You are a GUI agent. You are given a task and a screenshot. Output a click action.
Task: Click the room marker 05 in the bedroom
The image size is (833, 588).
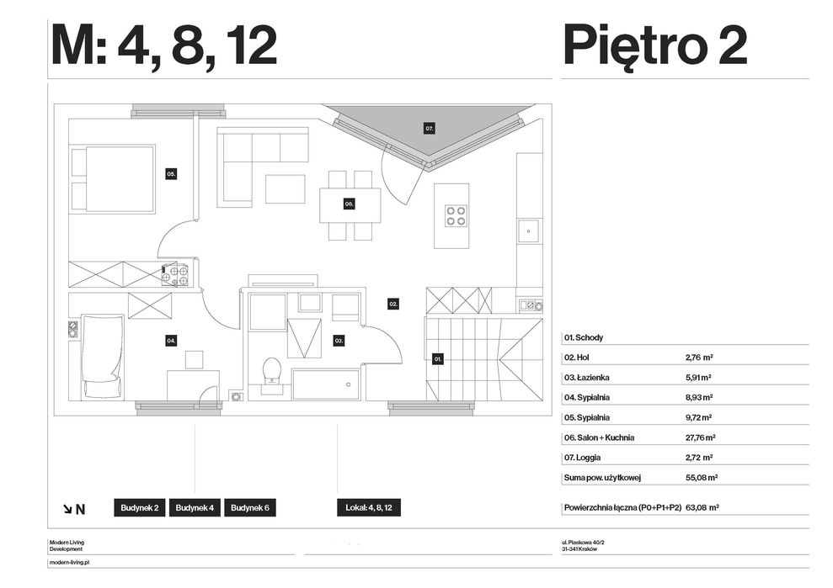click(170, 173)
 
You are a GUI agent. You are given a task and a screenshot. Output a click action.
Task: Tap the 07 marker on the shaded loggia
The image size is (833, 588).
click(430, 128)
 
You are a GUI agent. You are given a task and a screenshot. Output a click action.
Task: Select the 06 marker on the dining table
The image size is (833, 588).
click(349, 204)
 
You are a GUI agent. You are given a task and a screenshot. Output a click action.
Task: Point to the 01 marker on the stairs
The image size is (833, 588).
click(438, 359)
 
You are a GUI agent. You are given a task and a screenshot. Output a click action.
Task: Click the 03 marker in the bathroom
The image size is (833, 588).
click(339, 341)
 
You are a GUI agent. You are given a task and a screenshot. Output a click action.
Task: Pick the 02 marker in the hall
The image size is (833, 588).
click(393, 304)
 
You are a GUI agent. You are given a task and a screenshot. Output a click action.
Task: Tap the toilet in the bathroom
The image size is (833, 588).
click(272, 375)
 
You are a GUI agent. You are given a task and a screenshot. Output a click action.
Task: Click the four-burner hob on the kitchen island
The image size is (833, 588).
click(456, 215)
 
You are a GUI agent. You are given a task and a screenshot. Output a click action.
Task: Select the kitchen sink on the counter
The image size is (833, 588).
click(529, 230)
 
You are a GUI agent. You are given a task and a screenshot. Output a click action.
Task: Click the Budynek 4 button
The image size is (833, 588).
click(195, 508)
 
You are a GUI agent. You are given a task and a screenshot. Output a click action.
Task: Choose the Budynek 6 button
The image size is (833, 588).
click(249, 508)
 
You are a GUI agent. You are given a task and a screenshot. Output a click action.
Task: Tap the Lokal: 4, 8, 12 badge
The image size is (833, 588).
click(369, 508)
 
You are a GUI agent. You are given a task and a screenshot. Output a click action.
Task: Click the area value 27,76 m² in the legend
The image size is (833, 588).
click(701, 437)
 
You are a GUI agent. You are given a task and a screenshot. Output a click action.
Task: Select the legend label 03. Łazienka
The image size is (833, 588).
click(586, 378)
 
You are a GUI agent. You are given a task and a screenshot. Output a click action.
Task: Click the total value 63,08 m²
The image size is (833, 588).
click(702, 507)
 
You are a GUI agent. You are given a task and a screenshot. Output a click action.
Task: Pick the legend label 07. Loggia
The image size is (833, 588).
click(582, 458)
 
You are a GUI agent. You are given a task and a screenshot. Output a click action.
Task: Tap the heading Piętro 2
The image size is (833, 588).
click(655, 46)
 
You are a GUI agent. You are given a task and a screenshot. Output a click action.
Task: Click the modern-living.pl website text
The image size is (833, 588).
click(69, 562)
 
